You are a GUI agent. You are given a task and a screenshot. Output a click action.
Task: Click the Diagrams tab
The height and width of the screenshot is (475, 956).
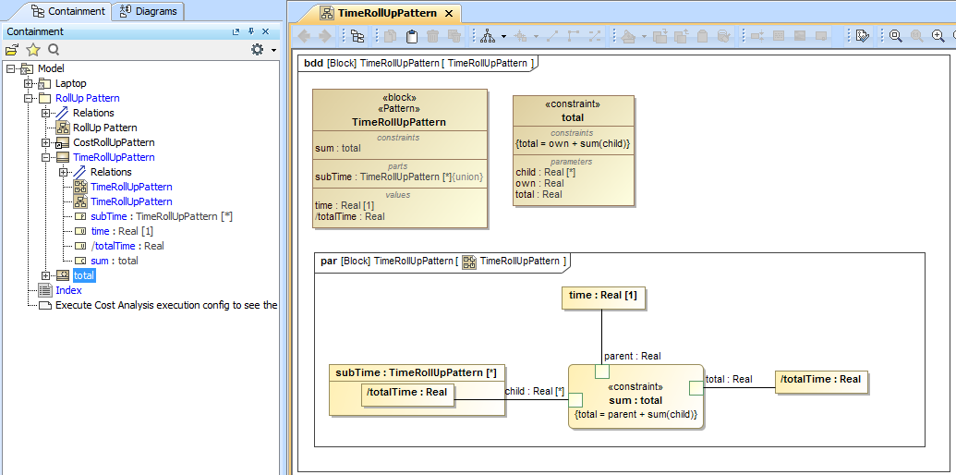click(x=150, y=11)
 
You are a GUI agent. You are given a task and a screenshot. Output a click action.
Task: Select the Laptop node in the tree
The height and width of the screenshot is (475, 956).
click(x=70, y=83)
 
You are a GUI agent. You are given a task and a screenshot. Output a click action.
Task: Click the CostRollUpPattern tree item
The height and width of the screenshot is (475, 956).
click(x=114, y=142)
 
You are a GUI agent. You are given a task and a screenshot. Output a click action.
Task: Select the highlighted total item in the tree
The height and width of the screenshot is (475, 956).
click(x=83, y=275)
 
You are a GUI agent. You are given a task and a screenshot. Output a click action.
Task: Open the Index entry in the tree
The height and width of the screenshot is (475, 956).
click(x=68, y=290)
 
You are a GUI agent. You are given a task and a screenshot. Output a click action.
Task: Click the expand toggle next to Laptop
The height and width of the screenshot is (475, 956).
click(x=29, y=83)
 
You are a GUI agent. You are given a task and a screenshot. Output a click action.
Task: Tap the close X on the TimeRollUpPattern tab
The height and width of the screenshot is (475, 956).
click(x=448, y=13)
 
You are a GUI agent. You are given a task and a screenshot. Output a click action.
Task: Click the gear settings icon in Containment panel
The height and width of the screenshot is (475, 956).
click(x=258, y=50)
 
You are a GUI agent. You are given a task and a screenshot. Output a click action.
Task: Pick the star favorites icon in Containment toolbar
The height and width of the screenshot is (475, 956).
click(x=33, y=50)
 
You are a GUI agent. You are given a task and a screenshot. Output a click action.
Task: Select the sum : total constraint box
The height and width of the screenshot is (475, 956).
click(x=636, y=399)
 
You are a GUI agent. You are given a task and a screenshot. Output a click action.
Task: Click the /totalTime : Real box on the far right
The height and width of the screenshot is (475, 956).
click(x=820, y=380)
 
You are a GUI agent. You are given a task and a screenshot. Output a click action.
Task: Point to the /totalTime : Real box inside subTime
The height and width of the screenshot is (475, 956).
click(x=407, y=392)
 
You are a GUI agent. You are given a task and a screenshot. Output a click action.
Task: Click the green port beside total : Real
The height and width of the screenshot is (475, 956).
click(x=696, y=387)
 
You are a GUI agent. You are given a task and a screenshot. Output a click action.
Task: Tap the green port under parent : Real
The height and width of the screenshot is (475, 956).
click(x=601, y=371)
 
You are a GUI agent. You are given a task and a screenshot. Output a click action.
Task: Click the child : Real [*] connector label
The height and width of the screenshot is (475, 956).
click(x=534, y=391)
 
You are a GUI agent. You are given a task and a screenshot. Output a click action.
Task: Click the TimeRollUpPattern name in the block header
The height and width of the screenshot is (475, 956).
click(x=399, y=122)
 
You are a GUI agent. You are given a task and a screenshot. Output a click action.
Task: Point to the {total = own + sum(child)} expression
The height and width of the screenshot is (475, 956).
click(x=573, y=143)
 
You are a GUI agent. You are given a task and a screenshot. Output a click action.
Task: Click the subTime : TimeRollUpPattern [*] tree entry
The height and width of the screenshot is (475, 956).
click(x=161, y=216)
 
